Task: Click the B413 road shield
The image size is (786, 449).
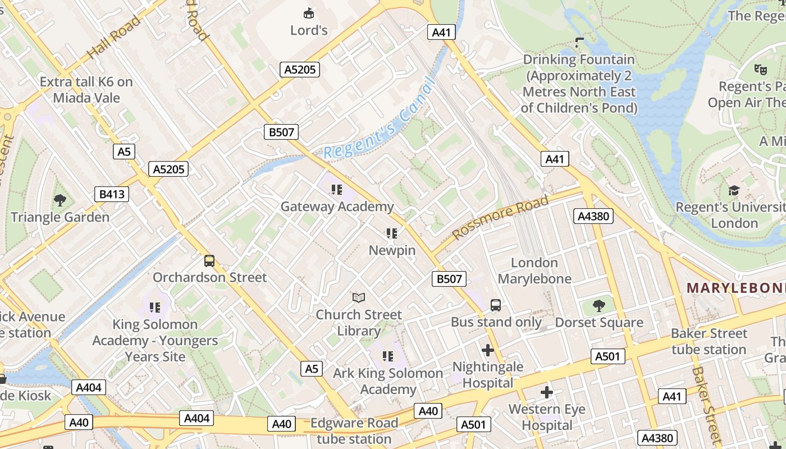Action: pos(112,195)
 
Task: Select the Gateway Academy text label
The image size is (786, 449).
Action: pos(337,207)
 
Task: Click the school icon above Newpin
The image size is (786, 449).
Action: pos(392,233)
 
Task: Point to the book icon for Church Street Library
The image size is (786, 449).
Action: pos(359,297)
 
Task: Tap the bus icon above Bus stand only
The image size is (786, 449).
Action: pos(496,305)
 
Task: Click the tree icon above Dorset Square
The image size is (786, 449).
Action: pos(599,306)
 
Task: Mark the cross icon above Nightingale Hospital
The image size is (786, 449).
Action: pos(488,350)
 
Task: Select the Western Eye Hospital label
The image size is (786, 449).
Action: pos(547,418)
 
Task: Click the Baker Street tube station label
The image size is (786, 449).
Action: pos(709,341)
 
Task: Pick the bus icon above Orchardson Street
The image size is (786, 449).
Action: pos(209,260)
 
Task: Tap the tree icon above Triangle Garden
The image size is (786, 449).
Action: pos(60,200)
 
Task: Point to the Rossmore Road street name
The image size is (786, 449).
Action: pos(500,218)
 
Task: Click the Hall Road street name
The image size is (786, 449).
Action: pos(114,38)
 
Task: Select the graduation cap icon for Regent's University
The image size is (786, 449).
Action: pos(734,191)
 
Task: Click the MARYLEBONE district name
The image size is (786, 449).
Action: pos(736,288)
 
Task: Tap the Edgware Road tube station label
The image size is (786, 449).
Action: pos(354,431)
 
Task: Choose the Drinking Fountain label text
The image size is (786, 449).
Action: pos(579,83)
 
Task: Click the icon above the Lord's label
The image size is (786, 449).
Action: pos(308,12)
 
